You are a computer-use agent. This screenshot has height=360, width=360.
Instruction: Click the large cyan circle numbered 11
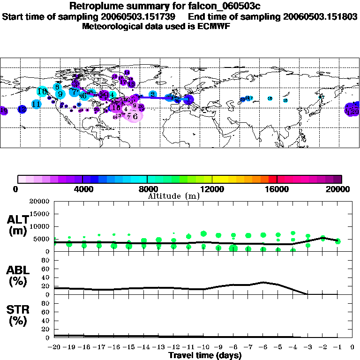(36, 104)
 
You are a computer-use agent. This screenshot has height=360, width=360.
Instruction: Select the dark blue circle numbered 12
(22, 109)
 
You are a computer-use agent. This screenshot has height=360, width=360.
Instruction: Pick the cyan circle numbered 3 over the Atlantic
(152, 94)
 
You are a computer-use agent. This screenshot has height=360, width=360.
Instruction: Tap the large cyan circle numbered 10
(42, 91)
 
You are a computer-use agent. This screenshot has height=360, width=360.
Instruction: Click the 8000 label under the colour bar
(147, 189)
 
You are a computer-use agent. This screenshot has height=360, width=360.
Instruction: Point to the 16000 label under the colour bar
(277, 189)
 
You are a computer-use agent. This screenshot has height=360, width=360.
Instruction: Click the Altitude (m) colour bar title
(174, 196)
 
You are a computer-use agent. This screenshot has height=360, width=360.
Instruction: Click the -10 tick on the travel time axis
(203, 347)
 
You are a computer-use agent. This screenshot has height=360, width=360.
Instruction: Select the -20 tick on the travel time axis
(54, 347)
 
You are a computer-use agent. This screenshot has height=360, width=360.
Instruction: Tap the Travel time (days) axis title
(205, 355)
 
